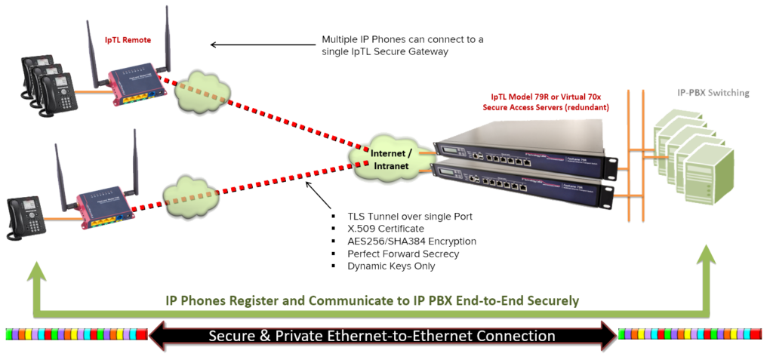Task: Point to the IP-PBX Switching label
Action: click(x=713, y=94)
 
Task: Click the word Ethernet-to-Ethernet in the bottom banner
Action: click(x=436, y=335)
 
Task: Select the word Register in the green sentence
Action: click(x=255, y=300)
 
